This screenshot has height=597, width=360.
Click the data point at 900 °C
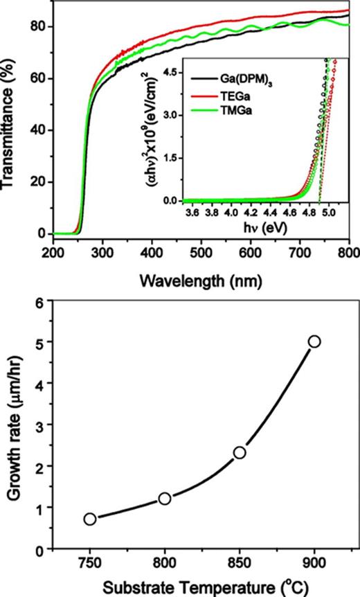(x=314, y=341)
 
